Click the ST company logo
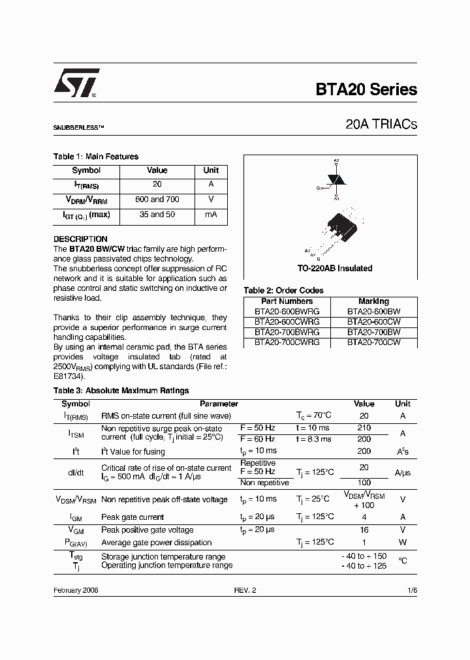coord(76,83)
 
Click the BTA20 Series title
coord(366,90)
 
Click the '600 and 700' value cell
coord(157,200)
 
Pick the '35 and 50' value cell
coord(157,215)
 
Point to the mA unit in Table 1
coord(211,215)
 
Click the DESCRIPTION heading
coord(80,239)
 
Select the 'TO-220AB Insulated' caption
coord(335,268)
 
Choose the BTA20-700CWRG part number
coord(287,342)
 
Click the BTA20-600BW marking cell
coord(373,312)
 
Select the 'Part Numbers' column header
coord(287,301)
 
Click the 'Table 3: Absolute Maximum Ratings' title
coord(121,391)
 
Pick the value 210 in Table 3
coord(364,428)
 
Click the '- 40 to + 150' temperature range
coord(364,556)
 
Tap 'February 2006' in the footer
coord(76,590)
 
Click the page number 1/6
coord(411,590)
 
